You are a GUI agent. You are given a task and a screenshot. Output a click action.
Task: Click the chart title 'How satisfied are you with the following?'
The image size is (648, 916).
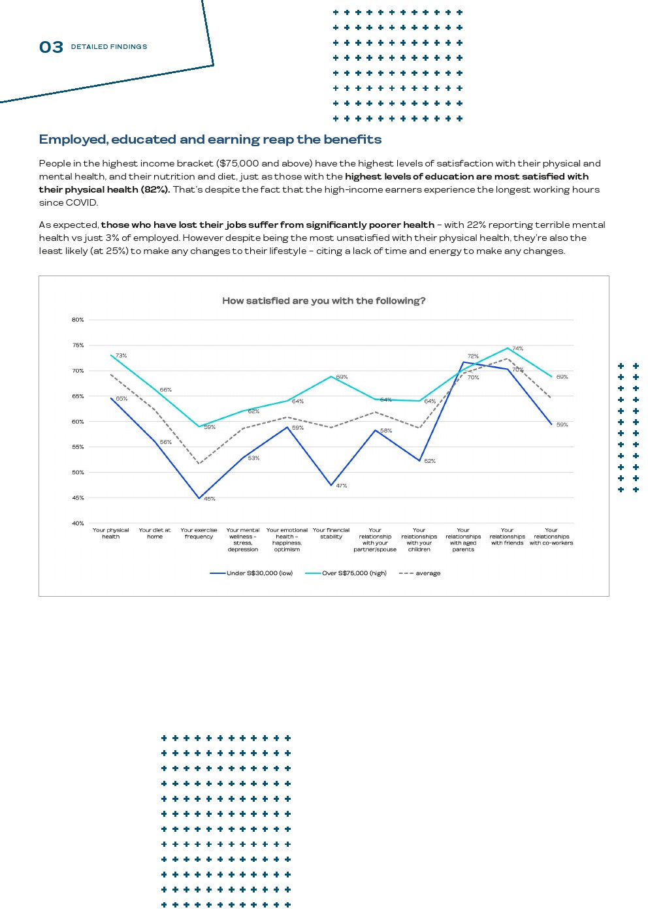pyautogui.click(x=323, y=301)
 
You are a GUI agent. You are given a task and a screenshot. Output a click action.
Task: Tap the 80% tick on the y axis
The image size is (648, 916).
pyautogui.click(x=78, y=320)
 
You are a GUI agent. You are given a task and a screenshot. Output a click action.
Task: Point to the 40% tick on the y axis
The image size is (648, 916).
pyautogui.click(x=78, y=523)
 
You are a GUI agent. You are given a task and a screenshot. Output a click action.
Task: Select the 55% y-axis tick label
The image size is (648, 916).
pyautogui.click(x=78, y=447)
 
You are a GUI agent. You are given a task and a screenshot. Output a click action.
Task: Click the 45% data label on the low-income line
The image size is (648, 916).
pyautogui.click(x=209, y=499)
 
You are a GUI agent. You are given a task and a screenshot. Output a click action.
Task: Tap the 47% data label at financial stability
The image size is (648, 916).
pyautogui.click(x=341, y=486)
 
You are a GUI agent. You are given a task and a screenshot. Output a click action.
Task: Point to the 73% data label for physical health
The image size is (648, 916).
pyautogui.click(x=121, y=356)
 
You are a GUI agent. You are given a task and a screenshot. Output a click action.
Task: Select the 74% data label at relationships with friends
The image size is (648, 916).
pyautogui.click(x=517, y=349)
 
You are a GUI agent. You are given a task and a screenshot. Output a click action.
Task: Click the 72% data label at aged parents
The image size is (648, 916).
pyautogui.click(x=473, y=356)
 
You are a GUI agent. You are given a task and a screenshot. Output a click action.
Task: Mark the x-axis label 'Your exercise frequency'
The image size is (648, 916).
pyautogui.click(x=199, y=533)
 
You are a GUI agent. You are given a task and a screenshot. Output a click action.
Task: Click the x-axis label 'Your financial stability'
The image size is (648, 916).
pyautogui.click(x=331, y=533)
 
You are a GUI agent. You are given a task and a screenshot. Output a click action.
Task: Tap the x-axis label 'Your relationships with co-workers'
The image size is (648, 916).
pyautogui.click(x=551, y=537)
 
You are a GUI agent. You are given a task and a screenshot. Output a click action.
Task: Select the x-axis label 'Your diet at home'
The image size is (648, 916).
pyautogui.click(x=155, y=533)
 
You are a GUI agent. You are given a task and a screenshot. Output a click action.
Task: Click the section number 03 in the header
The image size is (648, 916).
pyautogui.click(x=51, y=47)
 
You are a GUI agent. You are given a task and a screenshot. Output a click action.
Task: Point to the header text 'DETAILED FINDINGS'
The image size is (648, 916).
pyautogui.click(x=109, y=47)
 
